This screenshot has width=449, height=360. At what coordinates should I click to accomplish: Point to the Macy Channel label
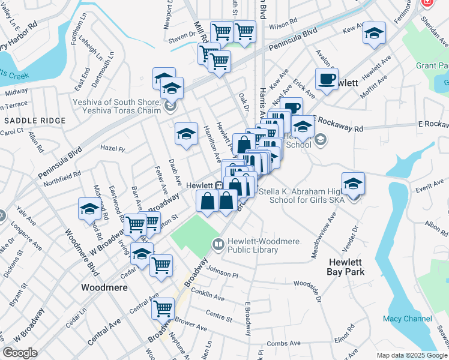(408, 319)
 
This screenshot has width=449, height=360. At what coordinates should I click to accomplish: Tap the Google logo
(20, 353)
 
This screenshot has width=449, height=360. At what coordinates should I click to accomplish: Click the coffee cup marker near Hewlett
(327, 79)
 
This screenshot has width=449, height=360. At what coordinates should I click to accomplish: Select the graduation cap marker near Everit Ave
(353, 184)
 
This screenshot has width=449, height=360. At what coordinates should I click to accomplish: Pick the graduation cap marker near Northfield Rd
(89, 209)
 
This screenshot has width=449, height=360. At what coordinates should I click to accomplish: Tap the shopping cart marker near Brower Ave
(163, 309)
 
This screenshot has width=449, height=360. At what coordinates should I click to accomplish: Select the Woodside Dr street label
(315, 290)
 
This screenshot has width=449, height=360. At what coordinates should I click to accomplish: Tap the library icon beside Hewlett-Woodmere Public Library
(217, 244)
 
